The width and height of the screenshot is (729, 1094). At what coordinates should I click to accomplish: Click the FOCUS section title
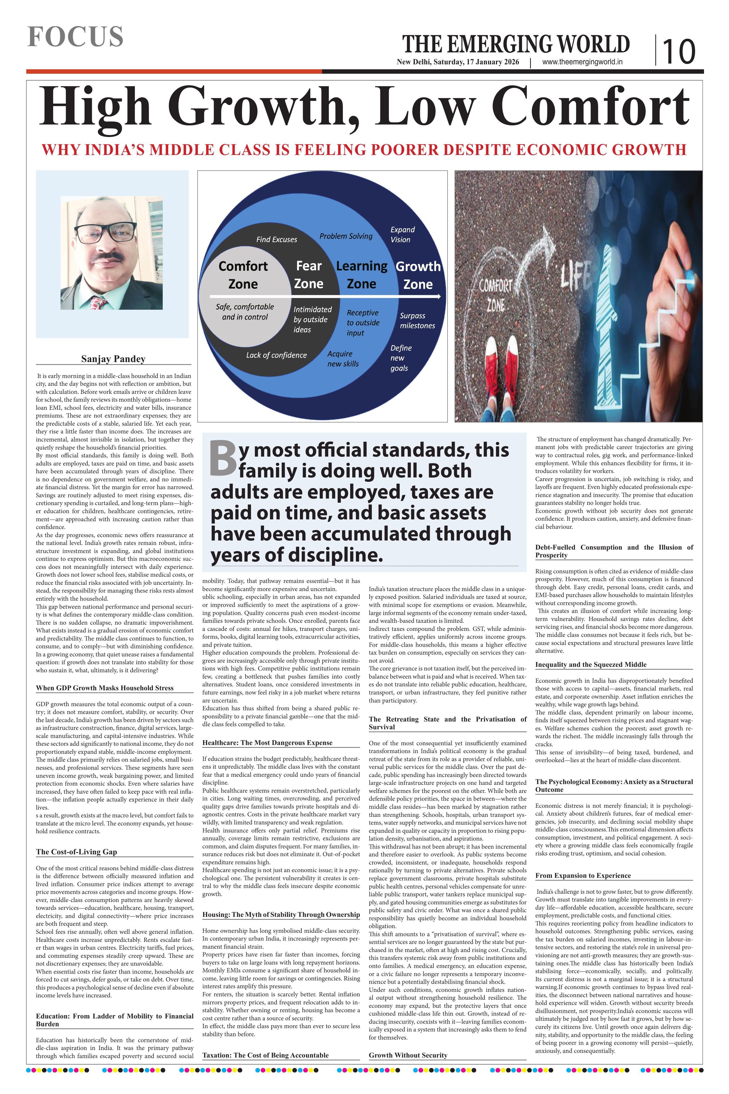tap(75, 37)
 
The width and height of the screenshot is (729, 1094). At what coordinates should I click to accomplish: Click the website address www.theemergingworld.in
tap(582, 62)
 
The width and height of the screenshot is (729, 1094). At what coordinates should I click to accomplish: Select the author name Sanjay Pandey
tap(113, 359)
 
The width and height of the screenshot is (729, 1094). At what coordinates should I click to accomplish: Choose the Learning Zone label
tap(361, 275)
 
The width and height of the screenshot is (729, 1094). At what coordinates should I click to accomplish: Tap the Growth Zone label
tap(418, 275)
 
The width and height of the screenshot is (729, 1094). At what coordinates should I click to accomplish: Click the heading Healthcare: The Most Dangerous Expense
tap(267, 743)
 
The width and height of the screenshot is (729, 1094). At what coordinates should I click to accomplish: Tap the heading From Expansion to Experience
tap(583, 875)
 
